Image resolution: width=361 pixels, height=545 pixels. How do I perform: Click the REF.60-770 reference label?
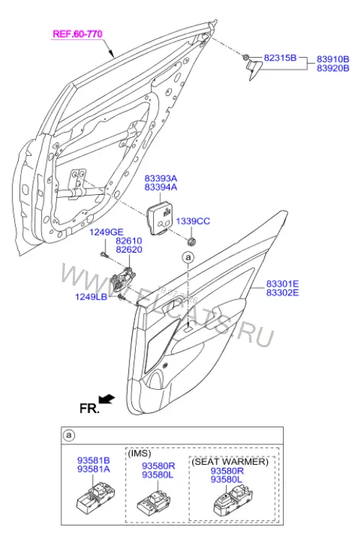pyautogui.click(x=77, y=34)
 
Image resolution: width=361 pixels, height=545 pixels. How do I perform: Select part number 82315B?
pyautogui.click(x=280, y=58)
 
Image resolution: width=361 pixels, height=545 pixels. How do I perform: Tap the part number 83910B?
pyautogui.click(x=333, y=59)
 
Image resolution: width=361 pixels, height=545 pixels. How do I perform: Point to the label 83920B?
pyautogui.click(x=333, y=68)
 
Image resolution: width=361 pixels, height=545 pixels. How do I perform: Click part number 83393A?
pyautogui.click(x=161, y=178)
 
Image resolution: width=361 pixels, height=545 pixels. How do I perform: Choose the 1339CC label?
pyautogui.click(x=193, y=222)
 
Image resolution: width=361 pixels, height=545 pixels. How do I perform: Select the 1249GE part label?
pyautogui.click(x=106, y=232)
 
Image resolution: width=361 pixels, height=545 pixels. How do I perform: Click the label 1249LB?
pyautogui.click(x=91, y=297)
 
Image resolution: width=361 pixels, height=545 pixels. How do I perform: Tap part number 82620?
pyautogui.click(x=129, y=250)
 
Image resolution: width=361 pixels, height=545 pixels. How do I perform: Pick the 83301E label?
pyautogui.click(x=282, y=284)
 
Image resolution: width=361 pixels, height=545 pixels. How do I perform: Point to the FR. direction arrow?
pyautogui.click(x=107, y=399)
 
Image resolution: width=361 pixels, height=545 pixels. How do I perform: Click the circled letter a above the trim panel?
pyautogui.click(x=188, y=258)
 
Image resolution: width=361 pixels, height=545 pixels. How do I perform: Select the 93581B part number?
pyautogui.click(x=94, y=461)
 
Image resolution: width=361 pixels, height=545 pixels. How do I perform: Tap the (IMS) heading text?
pyautogui.click(x=139, y=453)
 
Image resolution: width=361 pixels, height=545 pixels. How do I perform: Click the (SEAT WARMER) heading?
pyautogui.click(x=230, y=461)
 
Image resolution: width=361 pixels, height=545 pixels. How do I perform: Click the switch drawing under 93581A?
pyautogui.click(x=95, y=498)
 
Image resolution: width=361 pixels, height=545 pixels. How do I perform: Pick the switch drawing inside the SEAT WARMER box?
pyautogui.click(x=233, y=500)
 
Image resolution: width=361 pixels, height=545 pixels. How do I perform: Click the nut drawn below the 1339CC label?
pyautogui.click(x=191, y=240)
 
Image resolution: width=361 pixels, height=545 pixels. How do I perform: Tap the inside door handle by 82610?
pyautogui.click(x=123, y=279)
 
